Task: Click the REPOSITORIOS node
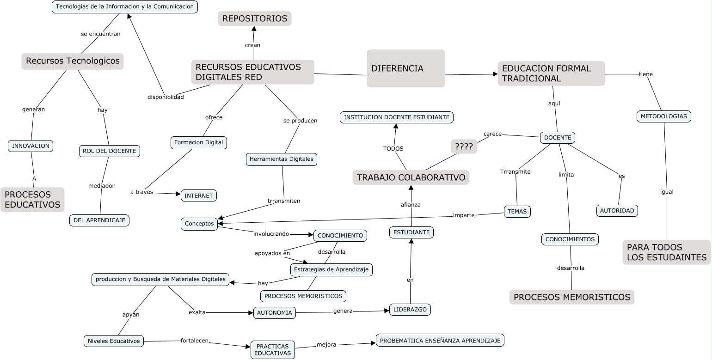coord(255,18)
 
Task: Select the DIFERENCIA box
coord(405,68)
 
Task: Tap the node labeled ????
coord(464,147)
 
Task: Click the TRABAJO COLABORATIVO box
coord(411,177)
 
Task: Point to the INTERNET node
coord(198,195)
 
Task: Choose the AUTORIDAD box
coord(617,211)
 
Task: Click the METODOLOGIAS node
coord(663,116)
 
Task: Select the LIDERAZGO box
coord(410,310)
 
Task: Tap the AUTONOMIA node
coord(274,313)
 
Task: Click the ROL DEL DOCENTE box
coord(109,151)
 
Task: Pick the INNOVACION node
coord(31,146)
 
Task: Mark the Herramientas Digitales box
coord(281,159)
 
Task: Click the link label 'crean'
coord(252,45)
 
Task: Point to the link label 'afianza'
coord(411,204)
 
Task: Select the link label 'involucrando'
coord(271,234)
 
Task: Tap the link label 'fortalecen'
coord(194,341)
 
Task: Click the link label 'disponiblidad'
coord(166,97)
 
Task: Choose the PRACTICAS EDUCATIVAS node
coord(273,350)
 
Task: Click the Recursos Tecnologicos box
coord(73,61)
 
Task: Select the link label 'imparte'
coord(464,215)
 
